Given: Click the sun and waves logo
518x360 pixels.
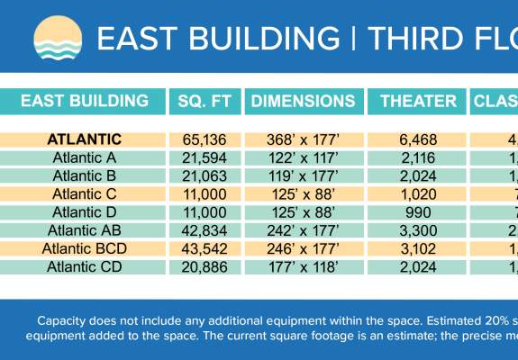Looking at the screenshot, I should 57,39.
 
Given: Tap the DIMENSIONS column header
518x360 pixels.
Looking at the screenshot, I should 303,101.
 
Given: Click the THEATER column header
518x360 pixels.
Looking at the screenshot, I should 418,101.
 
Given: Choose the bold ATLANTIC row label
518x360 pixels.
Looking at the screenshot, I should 84,139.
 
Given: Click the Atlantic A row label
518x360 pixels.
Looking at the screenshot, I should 84,157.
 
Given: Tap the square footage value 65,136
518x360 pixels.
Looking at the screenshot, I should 204,139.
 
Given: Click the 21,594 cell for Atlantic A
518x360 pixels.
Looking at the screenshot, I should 204,157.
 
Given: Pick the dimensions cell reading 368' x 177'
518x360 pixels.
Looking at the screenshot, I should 303,139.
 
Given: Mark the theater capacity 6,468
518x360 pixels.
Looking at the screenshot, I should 418,139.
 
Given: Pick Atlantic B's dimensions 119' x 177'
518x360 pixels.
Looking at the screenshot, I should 303,175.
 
